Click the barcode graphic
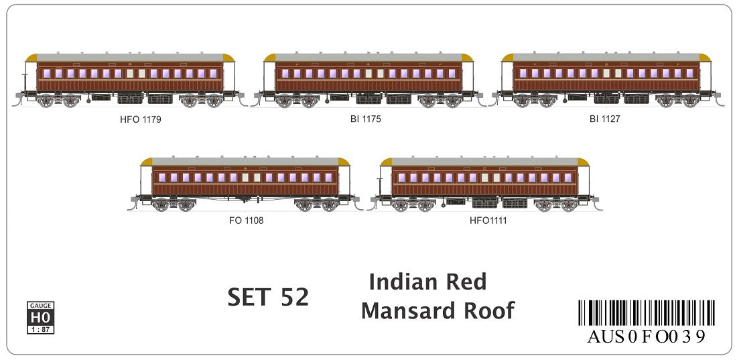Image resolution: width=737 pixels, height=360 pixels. pyautogui.click(x=646, y=313)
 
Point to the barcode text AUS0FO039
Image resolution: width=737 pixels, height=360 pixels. pyautogui.click(x=646, y=337)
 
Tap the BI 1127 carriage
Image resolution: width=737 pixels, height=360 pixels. pyautogui.click(x=606, y=80)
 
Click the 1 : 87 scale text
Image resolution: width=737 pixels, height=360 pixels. pyautogui.click(x=41, y=329)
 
